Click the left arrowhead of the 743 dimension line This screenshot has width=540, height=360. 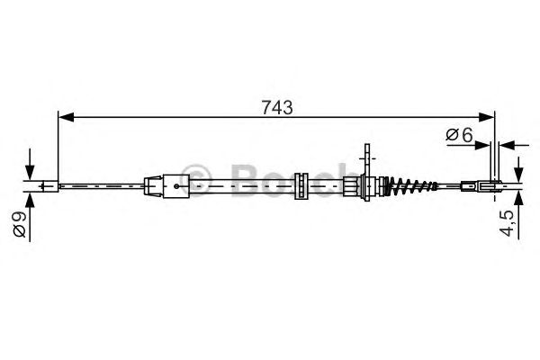coord(64,116)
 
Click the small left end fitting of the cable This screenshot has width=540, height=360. coord(50,187)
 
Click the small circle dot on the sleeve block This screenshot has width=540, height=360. coord(176,188)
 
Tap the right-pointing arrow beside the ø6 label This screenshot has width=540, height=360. coord(484,144)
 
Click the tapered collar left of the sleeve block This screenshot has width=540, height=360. coord(153,187)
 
